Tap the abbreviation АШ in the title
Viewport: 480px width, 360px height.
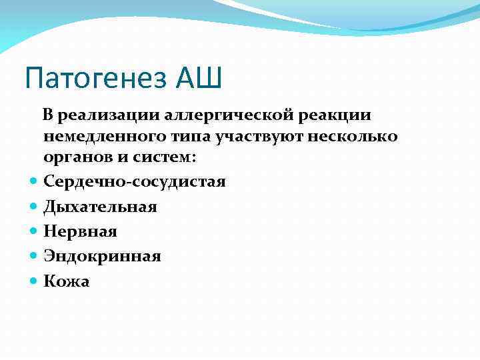pos(199,79)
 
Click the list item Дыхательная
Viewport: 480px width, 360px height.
pos(100,207)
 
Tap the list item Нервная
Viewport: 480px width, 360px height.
pos(80,231)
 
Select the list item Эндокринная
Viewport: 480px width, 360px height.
pos(102,256)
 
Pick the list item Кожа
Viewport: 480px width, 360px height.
pos(66,281)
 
